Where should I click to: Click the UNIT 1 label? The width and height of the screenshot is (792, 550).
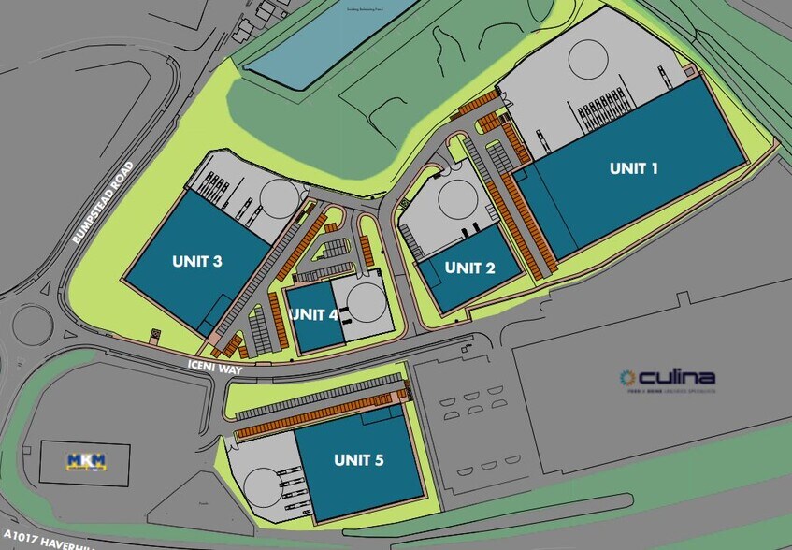pos(634,168)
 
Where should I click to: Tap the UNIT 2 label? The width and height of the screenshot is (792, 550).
pos(469,268)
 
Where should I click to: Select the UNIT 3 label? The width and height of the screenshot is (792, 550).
pos(196,262)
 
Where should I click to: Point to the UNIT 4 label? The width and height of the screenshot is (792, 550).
pos(314,314)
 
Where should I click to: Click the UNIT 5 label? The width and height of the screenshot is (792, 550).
pos(360,459)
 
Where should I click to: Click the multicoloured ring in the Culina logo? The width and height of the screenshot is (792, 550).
pos(627,378)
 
